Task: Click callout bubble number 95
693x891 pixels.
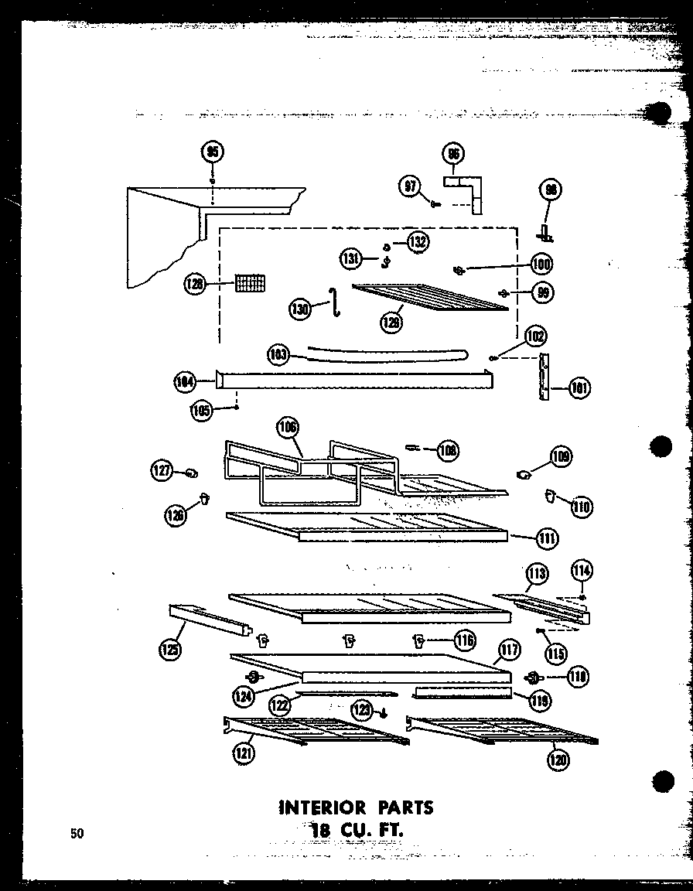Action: pyautogui.click(x=212, y=152)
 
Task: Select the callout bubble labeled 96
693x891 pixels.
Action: pyautogui.click(x=454, y=154)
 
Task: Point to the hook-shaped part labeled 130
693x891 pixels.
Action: pyautogui.click(x=336, y=302)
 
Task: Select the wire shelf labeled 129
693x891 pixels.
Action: pyautogui.click(x=430, y=295)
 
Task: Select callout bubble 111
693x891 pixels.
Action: pyautogui.click(x=548, y=537)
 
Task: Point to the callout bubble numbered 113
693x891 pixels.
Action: pyautogui.click(x=537, y=573)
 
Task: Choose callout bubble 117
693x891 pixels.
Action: pyautogui.click(x=508, y=650)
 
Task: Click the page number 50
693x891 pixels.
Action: pyautogui.click(x=77, y=833)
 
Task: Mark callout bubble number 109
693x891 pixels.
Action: pyautogui.click(x=561, y=456)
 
